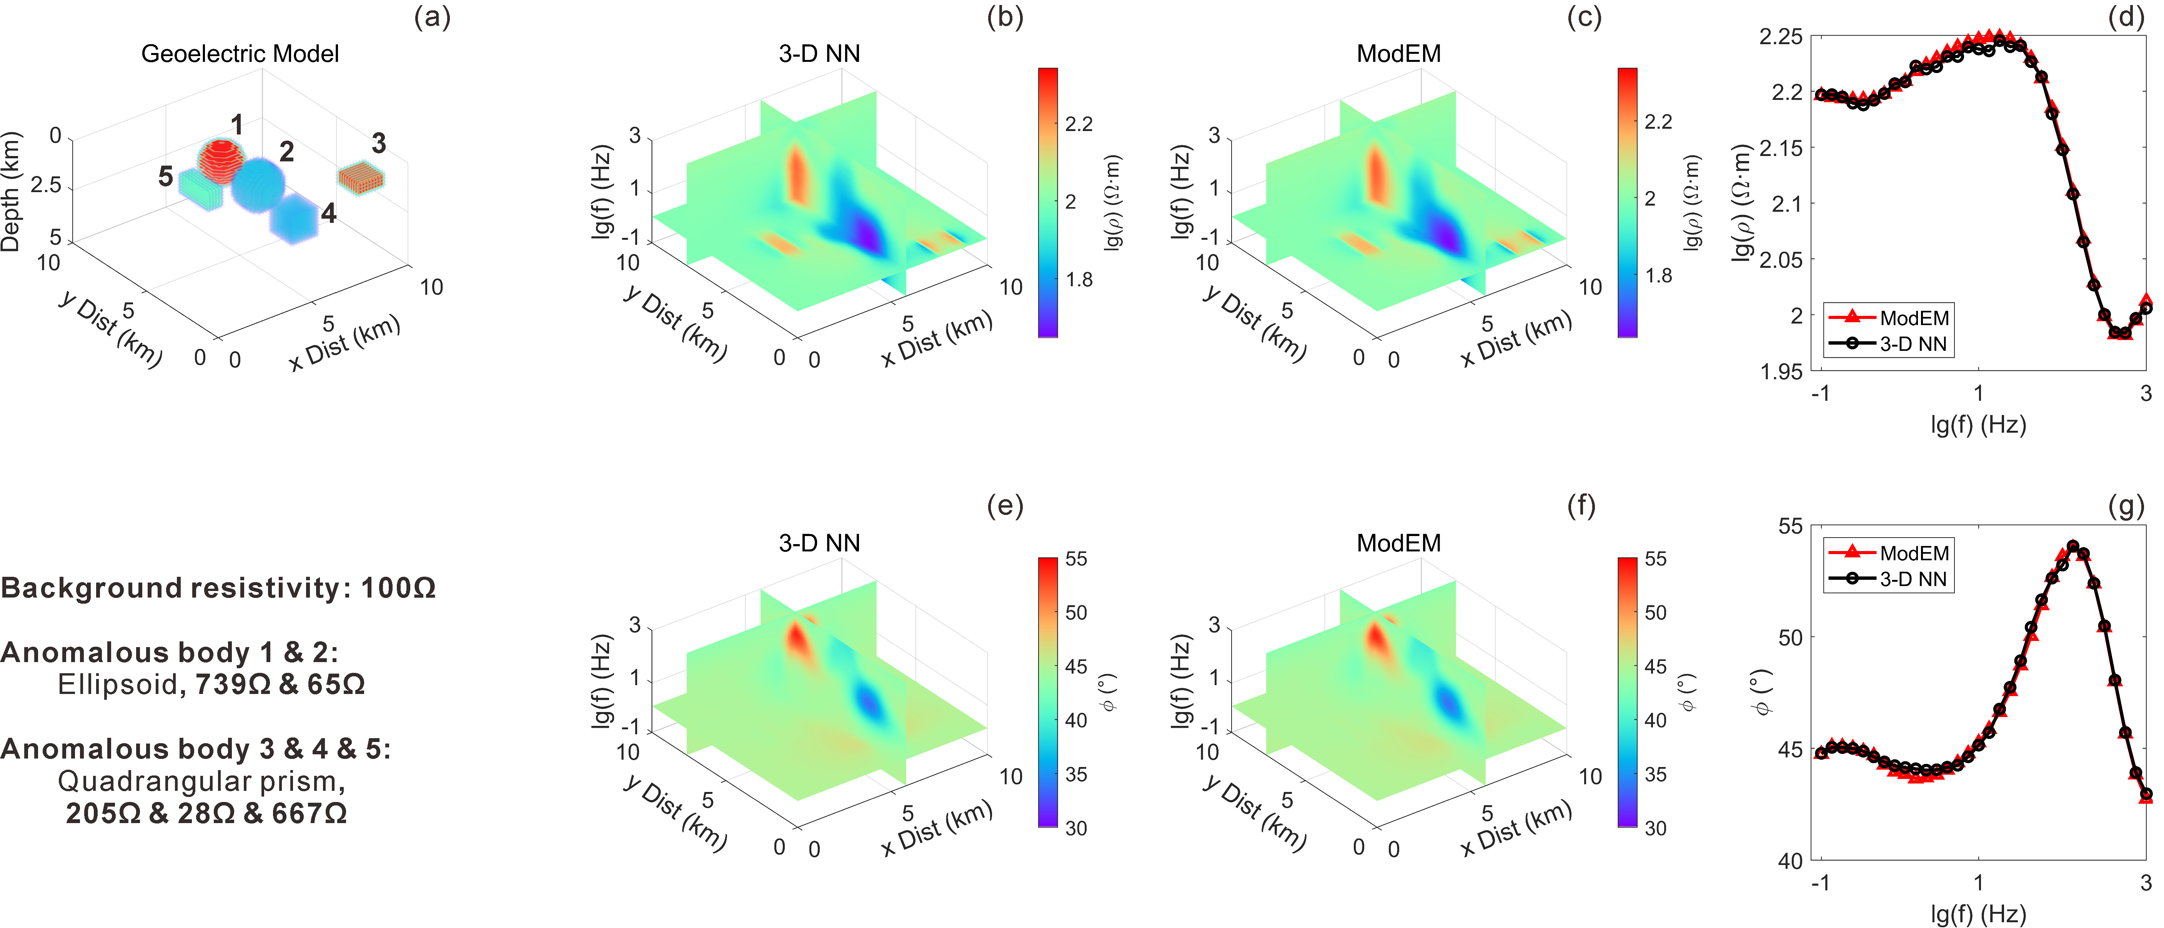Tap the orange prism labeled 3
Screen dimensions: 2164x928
coord(361,177)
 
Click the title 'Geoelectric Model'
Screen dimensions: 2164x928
coord(240,54)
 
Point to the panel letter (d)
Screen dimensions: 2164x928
coord(2126,17)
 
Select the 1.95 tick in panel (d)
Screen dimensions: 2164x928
coord(1781,371)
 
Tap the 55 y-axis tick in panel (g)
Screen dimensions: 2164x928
coord(1790,526)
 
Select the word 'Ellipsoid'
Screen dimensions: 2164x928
coord(118,684)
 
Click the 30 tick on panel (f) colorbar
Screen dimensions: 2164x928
coord(1656,828)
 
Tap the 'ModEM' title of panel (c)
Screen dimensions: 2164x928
coord(1399,54)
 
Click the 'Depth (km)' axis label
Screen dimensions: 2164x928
coord(11,191)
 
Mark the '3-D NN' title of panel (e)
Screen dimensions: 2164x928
coord(819,543)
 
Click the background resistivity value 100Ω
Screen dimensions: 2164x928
coord(398,588)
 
